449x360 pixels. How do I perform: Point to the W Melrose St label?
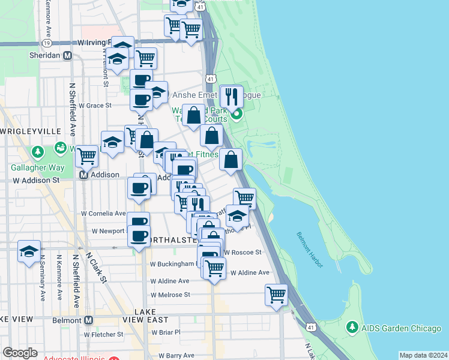coord(170,295)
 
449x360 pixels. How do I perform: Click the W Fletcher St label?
coord(103,334)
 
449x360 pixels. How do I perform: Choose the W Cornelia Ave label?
coord(104,213)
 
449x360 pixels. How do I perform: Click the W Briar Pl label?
coord(165,332)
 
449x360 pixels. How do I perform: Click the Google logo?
coord(20,353)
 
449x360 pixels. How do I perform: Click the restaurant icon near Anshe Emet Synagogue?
coord(231,96)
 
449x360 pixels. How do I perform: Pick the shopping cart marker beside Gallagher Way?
coord(87,156)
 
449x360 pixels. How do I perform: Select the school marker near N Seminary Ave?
coord(28,252)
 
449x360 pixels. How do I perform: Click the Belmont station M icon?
coord(88,320)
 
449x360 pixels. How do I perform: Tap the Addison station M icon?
coord(85,175)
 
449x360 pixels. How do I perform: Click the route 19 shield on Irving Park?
coord(47,43)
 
